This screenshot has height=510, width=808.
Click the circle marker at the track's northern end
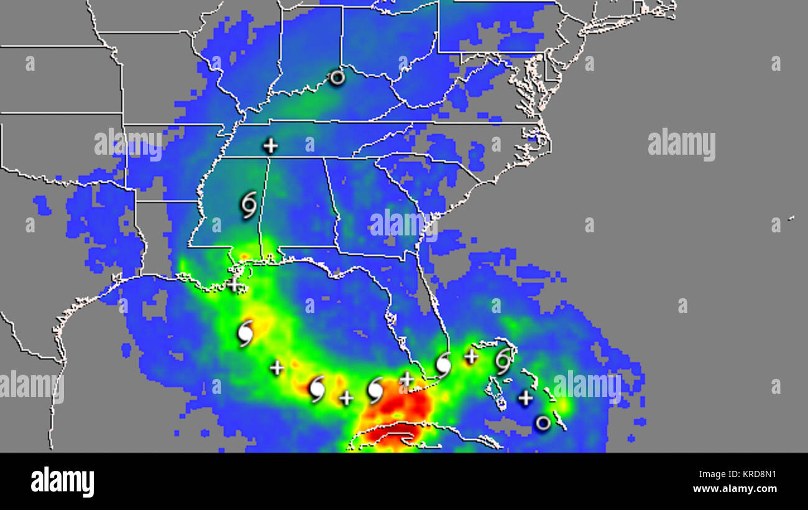coord(336,78)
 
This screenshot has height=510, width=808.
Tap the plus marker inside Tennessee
coord(270,146)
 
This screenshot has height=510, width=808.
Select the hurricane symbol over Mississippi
coord(249,205)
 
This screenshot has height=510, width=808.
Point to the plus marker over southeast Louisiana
coord(234,285)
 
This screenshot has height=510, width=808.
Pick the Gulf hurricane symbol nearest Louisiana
coord(246,334)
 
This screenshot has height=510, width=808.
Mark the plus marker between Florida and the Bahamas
coord(471,357)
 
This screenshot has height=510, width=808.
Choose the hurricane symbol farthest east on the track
coord(503,362)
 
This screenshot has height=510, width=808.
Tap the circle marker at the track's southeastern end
coord(543,423)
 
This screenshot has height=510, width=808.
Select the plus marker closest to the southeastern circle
coord(526,398)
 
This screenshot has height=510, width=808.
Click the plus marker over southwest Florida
coord(406,379)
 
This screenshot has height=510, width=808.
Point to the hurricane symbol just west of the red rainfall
coord(375,390)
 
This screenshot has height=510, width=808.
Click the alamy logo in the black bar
coord(62,481)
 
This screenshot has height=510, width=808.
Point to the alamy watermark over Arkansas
coord(128,145)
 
